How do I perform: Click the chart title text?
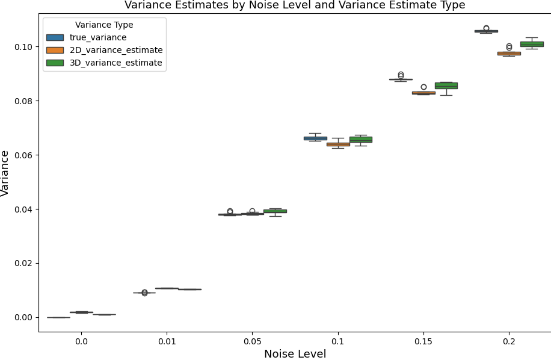click(294, 5)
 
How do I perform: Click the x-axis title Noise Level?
click(295, 354)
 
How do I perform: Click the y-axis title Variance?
click(5, 173)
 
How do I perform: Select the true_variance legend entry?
click(98, 37)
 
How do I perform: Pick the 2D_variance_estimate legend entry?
click(115, 50)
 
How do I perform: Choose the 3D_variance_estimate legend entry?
click(115, 63)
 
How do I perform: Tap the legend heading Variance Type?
click(104, 25)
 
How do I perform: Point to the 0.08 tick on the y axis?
click(22, 101)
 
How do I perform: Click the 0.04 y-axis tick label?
click(22, 209)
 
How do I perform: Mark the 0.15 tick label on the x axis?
click(423, 341)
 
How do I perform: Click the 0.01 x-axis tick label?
click(167, 341)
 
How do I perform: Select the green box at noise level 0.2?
click(532, 44)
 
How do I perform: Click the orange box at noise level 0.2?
click(509, 54)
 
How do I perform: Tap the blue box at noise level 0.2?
click(486, 31)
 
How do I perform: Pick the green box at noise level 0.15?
click(446, 85)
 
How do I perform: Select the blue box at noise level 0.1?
click(315, 138)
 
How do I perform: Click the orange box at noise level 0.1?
click(338, 144)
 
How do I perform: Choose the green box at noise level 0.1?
click(361, 139)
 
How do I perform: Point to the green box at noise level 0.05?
click(275, 211)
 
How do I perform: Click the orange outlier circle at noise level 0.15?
click(423, 87)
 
